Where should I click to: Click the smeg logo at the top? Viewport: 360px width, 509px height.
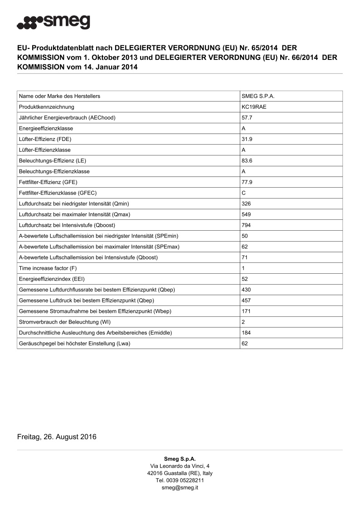pos(53,21)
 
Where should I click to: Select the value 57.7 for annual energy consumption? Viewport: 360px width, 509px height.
pos(247,118)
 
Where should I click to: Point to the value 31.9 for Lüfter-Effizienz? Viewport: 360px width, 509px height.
pos(247,139)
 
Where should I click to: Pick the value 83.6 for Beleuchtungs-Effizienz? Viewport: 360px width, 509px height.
pos(247,161)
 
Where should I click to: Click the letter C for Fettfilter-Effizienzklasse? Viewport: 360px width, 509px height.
pos(244,193)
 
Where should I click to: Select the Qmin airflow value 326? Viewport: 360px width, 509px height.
pos(247,204)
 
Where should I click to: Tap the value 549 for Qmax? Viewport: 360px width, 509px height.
pos(247,214)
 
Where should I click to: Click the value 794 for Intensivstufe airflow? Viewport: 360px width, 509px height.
pos(247,225)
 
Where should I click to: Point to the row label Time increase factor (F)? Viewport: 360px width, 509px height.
pos(48,268)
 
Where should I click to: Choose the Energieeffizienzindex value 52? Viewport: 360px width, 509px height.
pos(245,279)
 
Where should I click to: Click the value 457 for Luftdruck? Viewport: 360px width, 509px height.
pos(247,301)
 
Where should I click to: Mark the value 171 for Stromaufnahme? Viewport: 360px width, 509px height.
pos(247,311)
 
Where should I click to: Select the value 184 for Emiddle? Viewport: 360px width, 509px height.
pos(247,333)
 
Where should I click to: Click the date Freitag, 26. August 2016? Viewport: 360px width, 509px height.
pos(57,437)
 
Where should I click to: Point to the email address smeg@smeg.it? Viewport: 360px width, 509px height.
pos(180,488)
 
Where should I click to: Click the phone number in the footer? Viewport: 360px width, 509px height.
pos(180,480)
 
